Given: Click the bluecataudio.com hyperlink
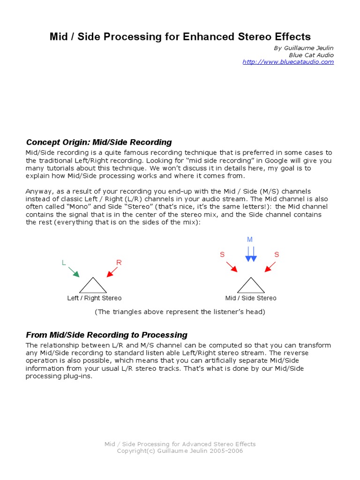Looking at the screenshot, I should [x=288, y=62].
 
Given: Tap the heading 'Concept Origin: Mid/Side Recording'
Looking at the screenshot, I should [x=99, y=142].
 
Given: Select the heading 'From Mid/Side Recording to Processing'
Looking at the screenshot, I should [x=106, y=335].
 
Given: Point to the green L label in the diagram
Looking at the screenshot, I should [x=64, y=263].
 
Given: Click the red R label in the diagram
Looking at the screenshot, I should [x=119, y=262].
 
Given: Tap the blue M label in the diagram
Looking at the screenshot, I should [x=250, y=240].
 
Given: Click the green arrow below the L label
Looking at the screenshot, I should [x=74, y=271].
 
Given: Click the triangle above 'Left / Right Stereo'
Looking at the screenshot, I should [x=93, y=285].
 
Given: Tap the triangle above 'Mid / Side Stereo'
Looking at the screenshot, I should [x=251, y=285].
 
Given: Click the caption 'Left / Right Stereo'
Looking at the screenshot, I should [x=94, y=298].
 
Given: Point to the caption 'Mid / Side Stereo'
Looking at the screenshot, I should [x=251, y=298].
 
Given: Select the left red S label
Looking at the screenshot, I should [x=222, y=255].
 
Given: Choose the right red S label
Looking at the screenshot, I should [x=277, y=255].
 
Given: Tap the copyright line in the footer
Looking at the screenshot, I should [x=180, y=451].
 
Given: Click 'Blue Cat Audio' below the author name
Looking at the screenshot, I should [x=311, y=55].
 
